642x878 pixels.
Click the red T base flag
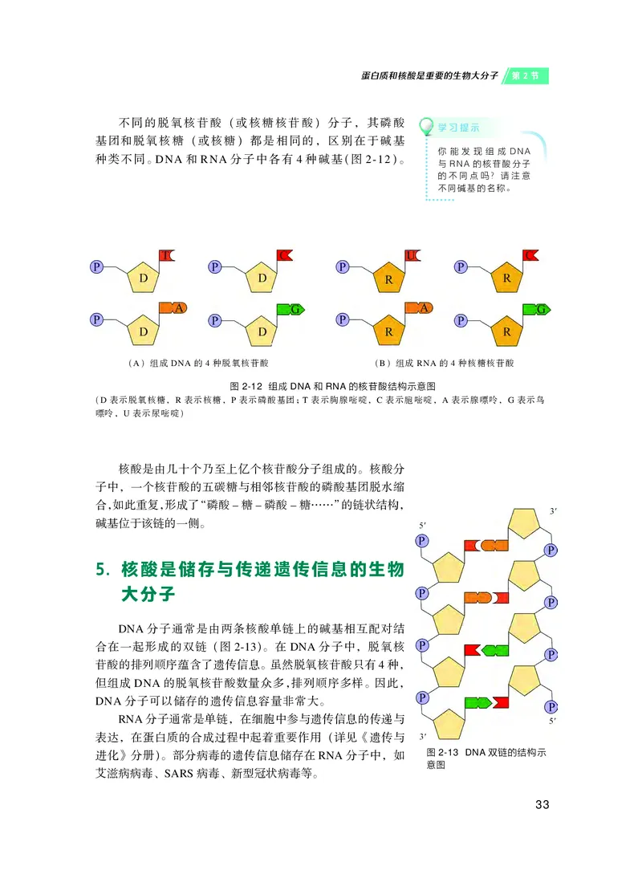click(167, 255)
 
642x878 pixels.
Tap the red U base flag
click(412, 255)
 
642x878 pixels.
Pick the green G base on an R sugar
click(536, 308)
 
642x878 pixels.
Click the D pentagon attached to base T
click(144, 277)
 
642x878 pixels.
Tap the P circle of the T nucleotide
click(96, 266)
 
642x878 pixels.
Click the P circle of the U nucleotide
click(343, 266)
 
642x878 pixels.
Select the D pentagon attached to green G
click(262, 330)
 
